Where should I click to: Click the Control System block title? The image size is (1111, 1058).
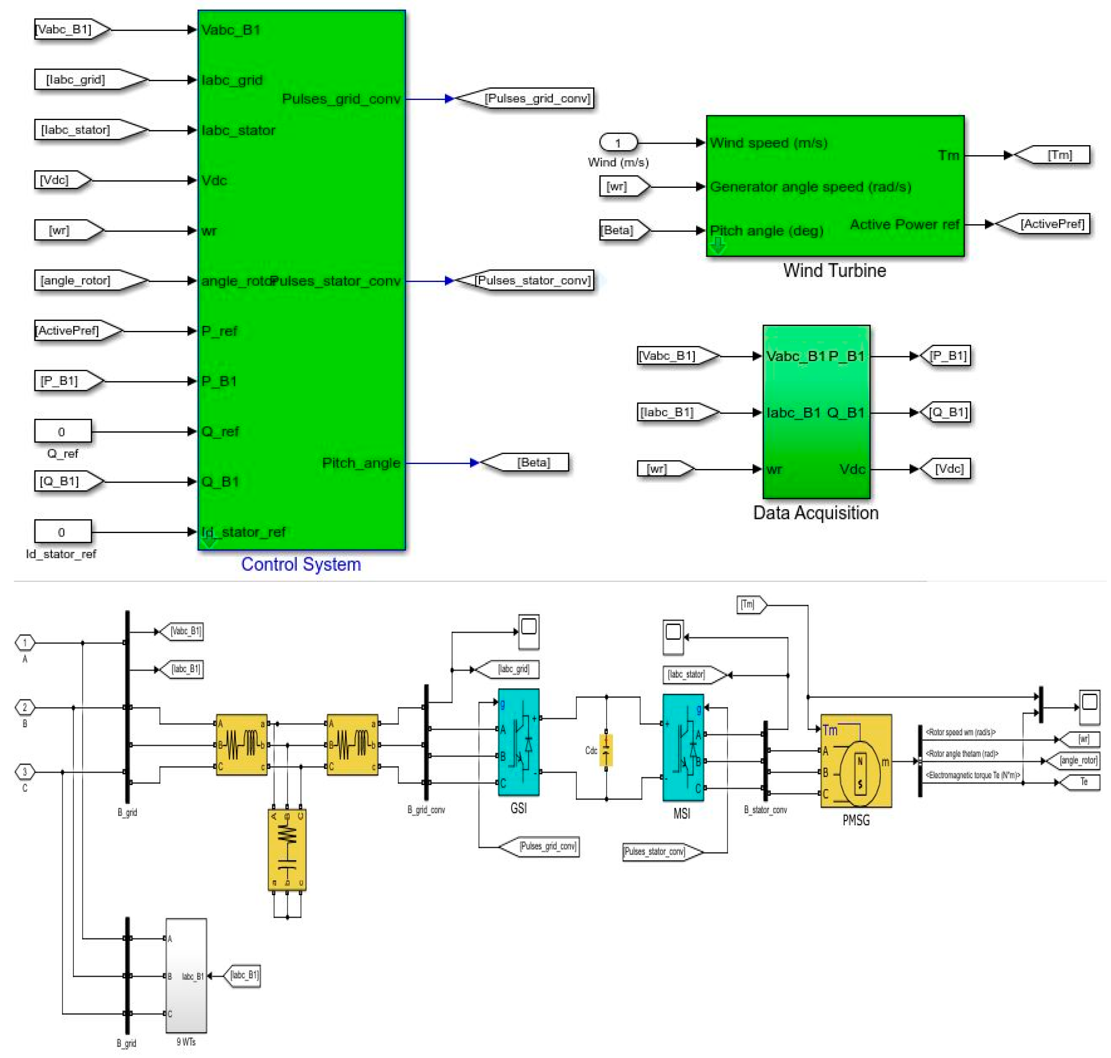click(301, 564)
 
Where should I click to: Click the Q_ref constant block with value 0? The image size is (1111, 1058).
click(63, 431)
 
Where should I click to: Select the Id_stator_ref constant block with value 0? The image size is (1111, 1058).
click(63, 532)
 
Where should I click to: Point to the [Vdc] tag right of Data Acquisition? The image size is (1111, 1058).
click(948, 469)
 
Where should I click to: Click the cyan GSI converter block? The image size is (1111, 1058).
click(518, 742)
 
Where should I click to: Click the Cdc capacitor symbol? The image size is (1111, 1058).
click(606, 750)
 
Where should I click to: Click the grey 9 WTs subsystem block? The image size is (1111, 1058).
click(186, 976)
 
